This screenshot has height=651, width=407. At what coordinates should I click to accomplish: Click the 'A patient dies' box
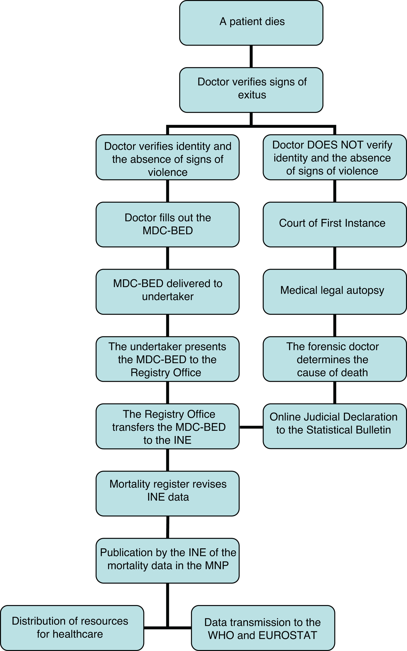251,23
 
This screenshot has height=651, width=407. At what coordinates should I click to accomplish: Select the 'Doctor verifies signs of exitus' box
251,90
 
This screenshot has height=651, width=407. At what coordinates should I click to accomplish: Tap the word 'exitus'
252,95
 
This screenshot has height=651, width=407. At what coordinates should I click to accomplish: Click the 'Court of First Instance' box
335,224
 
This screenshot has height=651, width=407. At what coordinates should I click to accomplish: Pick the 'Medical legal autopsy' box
335,292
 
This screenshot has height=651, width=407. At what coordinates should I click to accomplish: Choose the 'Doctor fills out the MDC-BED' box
167,224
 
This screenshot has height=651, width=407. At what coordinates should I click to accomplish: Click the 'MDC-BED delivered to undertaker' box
167,292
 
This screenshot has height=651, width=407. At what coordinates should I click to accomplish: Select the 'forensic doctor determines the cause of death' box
335,359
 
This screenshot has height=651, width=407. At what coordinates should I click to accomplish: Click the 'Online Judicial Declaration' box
335,426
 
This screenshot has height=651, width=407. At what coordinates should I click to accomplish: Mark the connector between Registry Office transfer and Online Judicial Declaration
251,427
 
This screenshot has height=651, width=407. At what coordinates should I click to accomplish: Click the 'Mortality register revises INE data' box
167,493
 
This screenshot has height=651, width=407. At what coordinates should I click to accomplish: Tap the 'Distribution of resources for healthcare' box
72,628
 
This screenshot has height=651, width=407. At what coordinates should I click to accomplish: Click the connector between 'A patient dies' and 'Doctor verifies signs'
251,56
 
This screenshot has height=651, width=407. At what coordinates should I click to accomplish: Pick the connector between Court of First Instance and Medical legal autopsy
335,258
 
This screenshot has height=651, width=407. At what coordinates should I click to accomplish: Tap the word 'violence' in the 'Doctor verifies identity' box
168,172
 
